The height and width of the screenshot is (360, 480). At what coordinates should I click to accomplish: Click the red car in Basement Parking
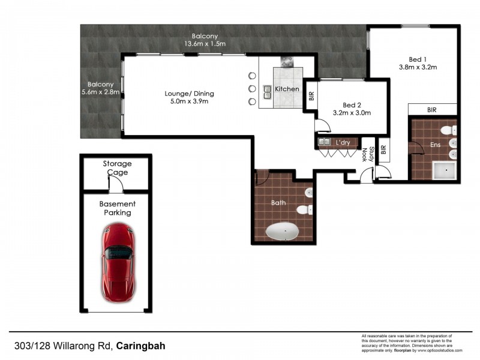click(116, 262)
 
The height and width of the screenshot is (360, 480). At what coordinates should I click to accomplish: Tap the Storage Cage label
click(117, 167)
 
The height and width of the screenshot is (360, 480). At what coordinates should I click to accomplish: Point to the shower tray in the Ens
click(445, 171)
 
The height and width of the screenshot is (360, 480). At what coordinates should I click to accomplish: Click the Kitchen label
click(287, 89)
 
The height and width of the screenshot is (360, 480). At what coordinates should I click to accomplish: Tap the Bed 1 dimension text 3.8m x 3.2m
click(418, 67)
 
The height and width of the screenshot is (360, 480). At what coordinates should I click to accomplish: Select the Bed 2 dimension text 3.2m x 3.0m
click(352, 112)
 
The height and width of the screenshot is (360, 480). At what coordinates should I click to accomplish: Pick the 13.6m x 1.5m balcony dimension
click(205, 44)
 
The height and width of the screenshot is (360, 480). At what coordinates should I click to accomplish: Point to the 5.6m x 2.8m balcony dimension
click(101, 92)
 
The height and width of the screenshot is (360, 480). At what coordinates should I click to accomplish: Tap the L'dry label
click(343, 142)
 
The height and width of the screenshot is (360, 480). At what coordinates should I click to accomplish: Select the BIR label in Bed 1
click(432, 110)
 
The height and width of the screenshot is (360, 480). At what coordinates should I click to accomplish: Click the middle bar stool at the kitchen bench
click(251, 89)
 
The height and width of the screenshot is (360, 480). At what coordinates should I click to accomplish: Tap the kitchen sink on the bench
click(268, 91)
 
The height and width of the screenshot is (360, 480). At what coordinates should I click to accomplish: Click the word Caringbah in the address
click(141, 346)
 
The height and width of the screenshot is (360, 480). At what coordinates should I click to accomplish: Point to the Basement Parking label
click(117, 208)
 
